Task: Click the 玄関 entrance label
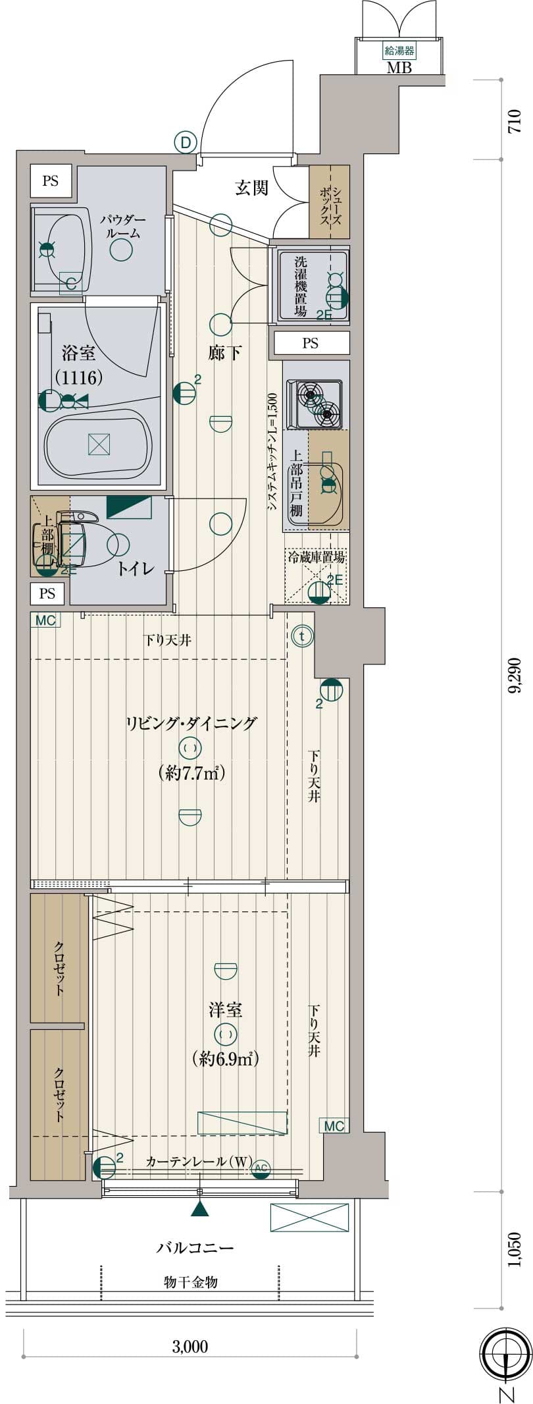[252, 188]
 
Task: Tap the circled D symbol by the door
[186, 142]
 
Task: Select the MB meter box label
[399, 67]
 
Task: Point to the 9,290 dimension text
[514, 675]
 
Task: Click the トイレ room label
[136, 568]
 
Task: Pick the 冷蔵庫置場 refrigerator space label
[317, 557]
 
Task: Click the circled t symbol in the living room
[303, 636]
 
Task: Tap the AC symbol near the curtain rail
[261, 1168]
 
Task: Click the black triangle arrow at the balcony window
[200, 1208]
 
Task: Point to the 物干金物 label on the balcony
[190, 1282]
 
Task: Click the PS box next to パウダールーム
[51, 180]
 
